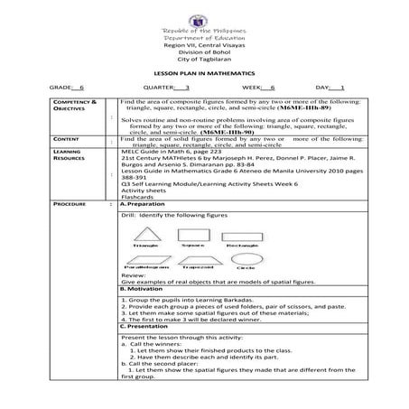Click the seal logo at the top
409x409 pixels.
click(x=203, y=17)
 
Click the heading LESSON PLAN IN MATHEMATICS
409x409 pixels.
click(x=204, y=72)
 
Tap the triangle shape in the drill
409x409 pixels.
click(x=145, y=234)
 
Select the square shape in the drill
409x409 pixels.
click(x=191, y=233)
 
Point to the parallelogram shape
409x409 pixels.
click(x=146, y=258)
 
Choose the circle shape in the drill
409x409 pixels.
click(x=242, y=257)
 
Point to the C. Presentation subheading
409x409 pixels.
click(x=150, y=324)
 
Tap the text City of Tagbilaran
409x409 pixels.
click(x=203, y=60)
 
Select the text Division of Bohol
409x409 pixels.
click(x=203, y=52)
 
